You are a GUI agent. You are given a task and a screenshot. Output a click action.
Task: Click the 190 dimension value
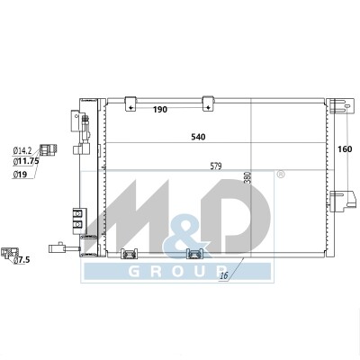click(160, 110)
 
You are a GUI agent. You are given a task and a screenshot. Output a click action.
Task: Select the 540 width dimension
click(198, 137)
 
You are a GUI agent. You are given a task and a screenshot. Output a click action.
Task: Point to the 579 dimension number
click(216, 166)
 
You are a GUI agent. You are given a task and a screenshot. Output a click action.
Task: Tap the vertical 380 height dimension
click(247, 177)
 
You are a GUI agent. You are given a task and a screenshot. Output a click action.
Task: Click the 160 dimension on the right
click(345, 149)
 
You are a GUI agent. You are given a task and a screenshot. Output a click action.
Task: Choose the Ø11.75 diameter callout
click(26, 162)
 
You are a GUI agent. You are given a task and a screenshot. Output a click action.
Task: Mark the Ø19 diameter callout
click(20, 174)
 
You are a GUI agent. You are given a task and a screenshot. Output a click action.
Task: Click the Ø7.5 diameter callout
click(22, 260)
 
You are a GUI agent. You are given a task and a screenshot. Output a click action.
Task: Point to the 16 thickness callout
click(224, 275)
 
